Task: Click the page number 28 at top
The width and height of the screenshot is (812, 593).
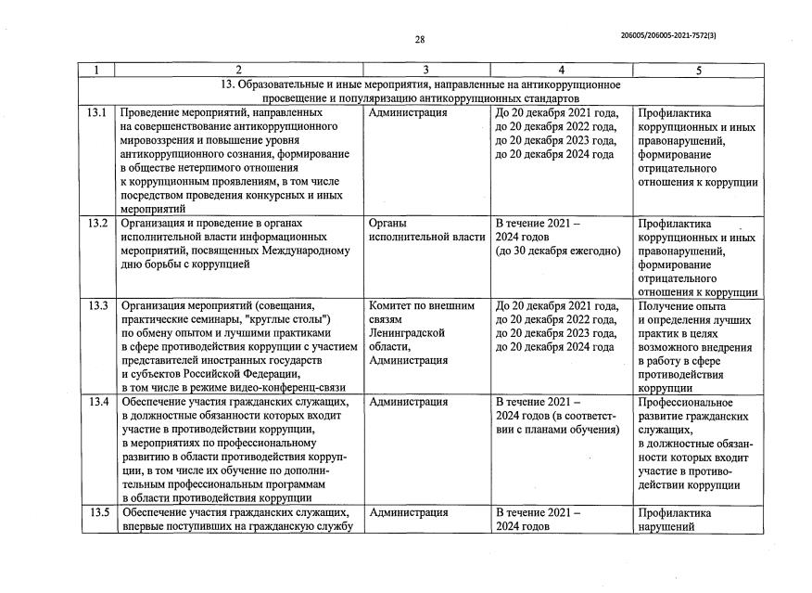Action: tap(419, 39)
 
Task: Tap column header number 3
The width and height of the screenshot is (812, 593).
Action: tap(425, 71)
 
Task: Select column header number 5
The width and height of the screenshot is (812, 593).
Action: tap(699, 71)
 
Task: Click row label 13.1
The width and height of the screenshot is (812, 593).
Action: tap(96, 112)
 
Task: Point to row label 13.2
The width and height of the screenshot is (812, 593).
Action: tap(96, 223)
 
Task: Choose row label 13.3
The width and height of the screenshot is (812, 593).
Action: tap(96, 305)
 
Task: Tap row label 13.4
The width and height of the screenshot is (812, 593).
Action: tap(96, 402)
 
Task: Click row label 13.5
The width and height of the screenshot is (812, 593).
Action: tap(96, 512)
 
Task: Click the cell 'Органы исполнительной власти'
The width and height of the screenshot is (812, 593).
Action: tap(425, 230)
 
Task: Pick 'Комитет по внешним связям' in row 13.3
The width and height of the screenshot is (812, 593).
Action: tap(422, 312)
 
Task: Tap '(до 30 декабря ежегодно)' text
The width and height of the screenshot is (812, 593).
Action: tap(557, 251)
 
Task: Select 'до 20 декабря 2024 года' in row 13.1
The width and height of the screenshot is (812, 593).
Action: tap(554, 154)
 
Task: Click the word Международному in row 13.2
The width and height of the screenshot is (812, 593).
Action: tap(300, 251)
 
